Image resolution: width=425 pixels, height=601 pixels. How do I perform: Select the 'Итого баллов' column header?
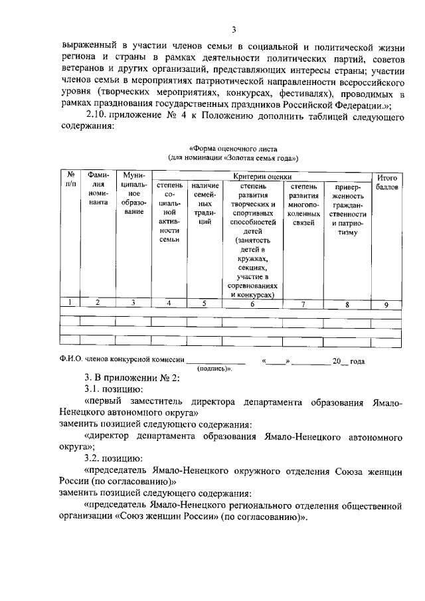tap(386, 183)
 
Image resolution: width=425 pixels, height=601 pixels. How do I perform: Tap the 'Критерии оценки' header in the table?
tap(262, 176)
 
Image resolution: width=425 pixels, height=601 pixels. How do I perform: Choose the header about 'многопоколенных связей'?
tap(304, 205)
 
